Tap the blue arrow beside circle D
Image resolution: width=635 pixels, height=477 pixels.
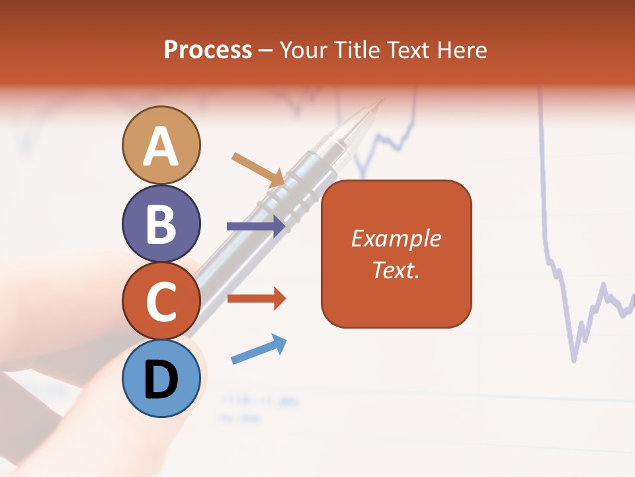[259, 349]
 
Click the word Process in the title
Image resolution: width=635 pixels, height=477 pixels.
[208, 50]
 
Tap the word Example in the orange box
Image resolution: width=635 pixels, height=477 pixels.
[396, 238]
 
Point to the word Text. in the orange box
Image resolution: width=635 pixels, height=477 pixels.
[396, 270]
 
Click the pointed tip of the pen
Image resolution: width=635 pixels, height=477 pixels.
[381, 101]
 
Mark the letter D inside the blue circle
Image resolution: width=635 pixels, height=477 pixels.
[161, 380]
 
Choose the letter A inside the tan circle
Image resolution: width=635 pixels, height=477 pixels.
[161, 147]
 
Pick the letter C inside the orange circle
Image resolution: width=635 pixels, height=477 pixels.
[161, 301]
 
